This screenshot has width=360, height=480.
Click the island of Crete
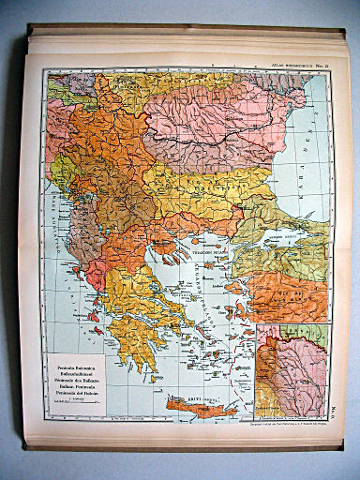199,405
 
